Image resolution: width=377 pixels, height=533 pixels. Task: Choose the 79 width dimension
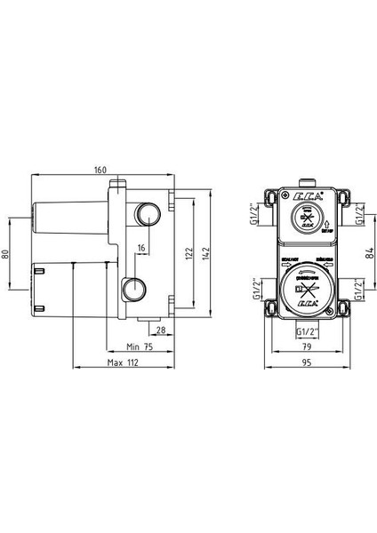pos(305,347)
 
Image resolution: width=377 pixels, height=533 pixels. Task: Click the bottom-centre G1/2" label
pos(305,330)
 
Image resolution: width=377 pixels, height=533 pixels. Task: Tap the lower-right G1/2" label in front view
pos(357,290)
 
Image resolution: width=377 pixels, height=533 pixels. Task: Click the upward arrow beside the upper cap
pos(329,223)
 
